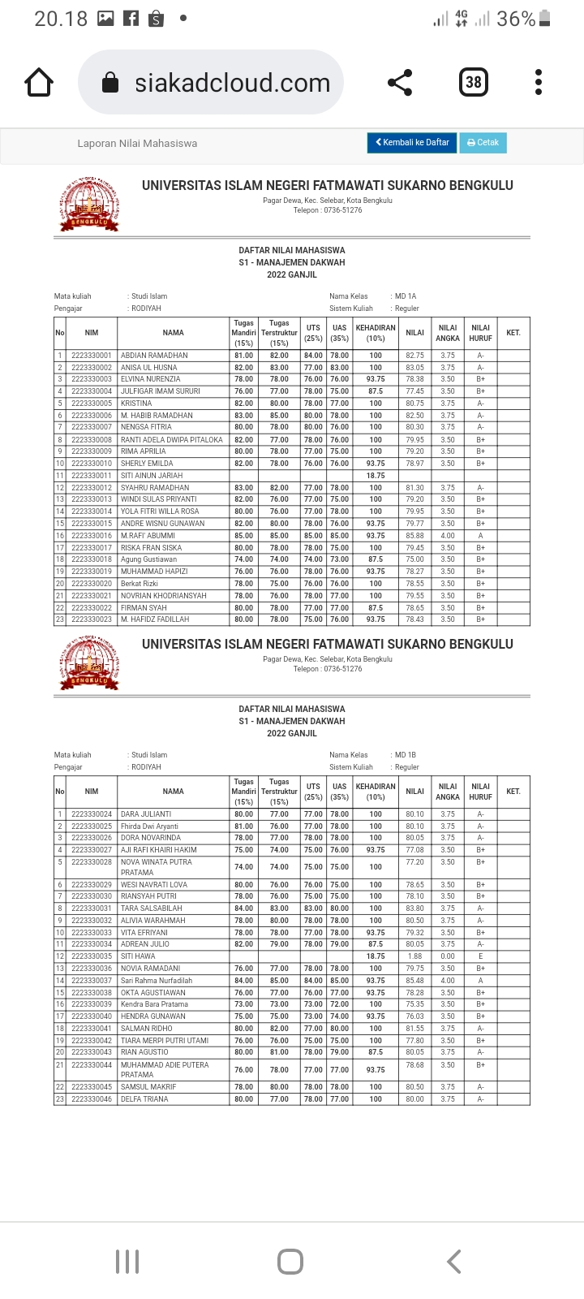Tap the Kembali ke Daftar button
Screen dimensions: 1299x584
coord(412,142)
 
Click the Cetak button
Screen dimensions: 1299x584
coord(483,142)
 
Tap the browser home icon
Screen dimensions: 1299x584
coord(39,83)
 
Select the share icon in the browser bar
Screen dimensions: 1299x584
coord(400,83)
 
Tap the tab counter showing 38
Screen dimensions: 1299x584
coord(474,82)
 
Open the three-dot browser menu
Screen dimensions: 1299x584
coord(539,83)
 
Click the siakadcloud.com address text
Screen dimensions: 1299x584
coord(232,83)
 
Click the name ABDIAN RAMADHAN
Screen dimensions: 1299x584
coord(154,356)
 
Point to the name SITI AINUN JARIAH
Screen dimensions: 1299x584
coord(152,476)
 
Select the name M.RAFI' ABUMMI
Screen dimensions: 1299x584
coord(148,536)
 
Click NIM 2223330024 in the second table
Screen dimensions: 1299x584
coord(92,814)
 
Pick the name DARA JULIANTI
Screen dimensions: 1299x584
coord(146,814)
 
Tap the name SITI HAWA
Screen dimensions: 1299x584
coord(138,956)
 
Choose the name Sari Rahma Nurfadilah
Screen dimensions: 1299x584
coord(157,981)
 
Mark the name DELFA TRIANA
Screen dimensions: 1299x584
coord(144,1099)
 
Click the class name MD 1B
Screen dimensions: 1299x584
coord(406,755)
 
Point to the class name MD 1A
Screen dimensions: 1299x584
coord(406,296)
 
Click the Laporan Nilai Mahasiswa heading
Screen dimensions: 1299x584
coord(137,144)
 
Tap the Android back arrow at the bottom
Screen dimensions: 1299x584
coord(454,1262)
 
